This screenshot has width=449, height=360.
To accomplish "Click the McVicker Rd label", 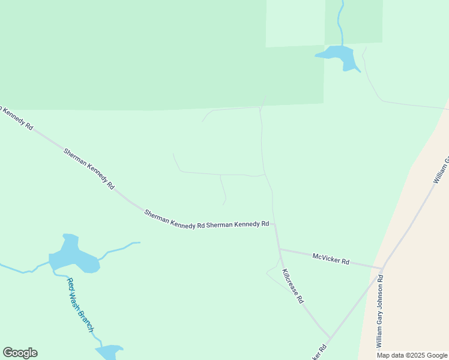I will click(331, 259).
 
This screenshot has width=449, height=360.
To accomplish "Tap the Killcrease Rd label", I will click(293, 286).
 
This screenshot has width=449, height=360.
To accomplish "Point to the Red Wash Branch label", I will click(80, 305).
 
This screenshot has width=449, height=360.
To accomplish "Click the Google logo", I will click(20, 353).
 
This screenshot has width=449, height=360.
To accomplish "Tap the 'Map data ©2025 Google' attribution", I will click(412, 355).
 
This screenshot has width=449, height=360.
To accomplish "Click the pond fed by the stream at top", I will click(339, 56).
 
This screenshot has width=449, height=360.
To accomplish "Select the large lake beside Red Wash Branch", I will click(73, 257).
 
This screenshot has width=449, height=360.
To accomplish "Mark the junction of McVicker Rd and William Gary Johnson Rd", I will click(382, 268).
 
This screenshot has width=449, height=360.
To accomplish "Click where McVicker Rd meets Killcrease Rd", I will click(279, 249).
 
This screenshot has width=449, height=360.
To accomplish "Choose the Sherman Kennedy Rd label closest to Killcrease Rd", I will click(237, 224).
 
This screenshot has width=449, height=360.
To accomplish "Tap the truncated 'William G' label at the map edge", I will click(441, 170).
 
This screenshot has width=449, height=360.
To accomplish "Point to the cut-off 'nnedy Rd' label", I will click(17, 118).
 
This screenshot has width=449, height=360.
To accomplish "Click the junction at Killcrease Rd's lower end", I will click(330, 338).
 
